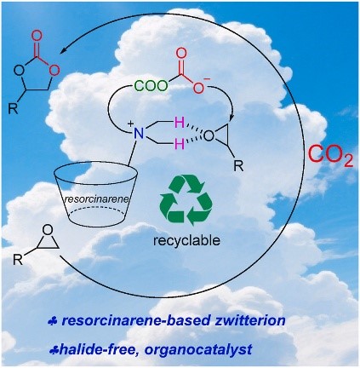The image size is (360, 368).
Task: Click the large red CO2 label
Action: point(330,156)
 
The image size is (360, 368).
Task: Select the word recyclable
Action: point(186,241)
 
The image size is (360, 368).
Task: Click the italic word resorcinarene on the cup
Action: point(97,199)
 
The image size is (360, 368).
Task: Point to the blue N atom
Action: point(139,133)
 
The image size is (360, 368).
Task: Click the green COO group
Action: point(151,85)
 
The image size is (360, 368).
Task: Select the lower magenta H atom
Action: point(180,144)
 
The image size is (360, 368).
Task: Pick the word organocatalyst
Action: point(198,349)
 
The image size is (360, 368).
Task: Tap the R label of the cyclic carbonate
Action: point(13,109)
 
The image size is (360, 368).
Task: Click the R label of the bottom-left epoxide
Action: point(18,259)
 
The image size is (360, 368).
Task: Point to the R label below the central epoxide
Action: point(238,166)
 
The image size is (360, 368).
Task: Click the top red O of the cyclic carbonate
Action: point(37,36)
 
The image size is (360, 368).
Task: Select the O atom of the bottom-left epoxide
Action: point(49,229)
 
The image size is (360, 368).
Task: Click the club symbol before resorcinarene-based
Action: point(53,322)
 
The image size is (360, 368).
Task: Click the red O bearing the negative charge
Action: point(199,88)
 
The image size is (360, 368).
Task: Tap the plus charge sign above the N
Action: point(131,124)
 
